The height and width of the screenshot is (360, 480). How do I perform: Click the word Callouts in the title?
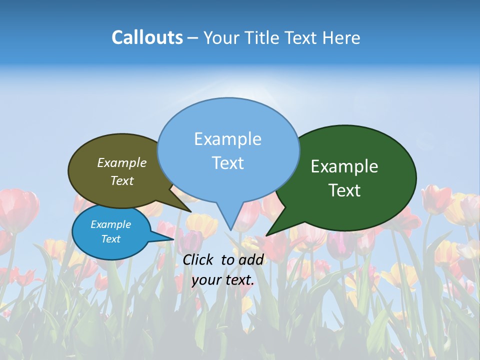[147, 37]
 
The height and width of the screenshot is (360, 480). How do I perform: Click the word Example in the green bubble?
[344, 166]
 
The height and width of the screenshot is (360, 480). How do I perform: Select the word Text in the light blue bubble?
[228, 163]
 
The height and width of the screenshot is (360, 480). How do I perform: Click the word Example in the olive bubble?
[122, 162]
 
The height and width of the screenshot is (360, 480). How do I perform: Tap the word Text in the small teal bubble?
[110, 239]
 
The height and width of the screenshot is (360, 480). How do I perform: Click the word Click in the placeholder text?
[199, 259]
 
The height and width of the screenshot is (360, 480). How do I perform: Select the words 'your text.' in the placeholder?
[223, 280]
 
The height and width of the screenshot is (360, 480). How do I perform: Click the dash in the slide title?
[193, 37]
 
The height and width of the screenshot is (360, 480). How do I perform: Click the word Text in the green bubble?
[344, 190]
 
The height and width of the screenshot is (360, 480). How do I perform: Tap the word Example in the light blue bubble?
[228, 139]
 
